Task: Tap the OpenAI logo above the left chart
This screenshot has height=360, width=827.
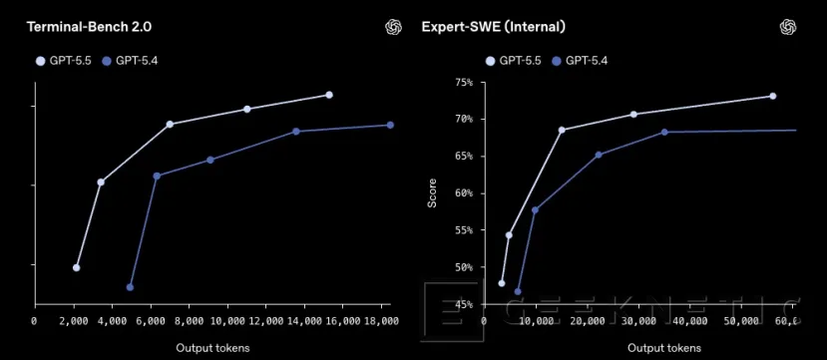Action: (393, 27)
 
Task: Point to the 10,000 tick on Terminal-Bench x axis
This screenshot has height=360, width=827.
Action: (227, 320)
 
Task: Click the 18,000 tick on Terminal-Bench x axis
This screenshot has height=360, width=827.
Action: (382, 320)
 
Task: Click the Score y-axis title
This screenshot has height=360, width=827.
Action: (432, 192)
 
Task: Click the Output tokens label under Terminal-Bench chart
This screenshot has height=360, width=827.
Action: (212, 348)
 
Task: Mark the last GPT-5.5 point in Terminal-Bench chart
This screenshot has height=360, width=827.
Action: (329, 95)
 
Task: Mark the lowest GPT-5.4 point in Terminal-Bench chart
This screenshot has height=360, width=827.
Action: (131, 287)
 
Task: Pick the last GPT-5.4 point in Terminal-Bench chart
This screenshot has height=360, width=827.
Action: (390, 125)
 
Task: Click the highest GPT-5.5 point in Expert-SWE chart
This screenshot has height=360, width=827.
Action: (772, 96)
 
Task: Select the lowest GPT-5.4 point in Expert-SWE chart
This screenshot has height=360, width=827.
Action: (517, 291)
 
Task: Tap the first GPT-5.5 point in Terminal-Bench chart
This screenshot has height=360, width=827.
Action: (77, 267)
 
